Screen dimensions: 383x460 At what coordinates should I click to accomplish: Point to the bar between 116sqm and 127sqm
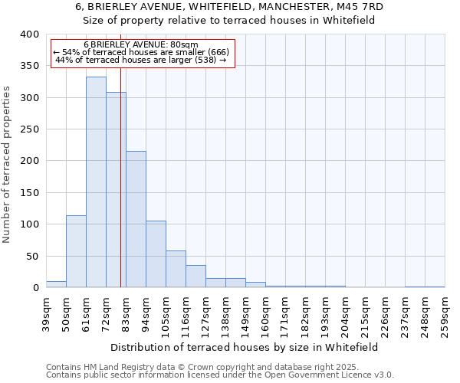click(195, 277)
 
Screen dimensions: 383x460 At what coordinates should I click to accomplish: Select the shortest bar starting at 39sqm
click(56, 284)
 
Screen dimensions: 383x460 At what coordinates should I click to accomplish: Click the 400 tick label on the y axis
click(29, 34)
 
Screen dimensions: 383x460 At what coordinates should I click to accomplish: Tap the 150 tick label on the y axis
click(29, 193)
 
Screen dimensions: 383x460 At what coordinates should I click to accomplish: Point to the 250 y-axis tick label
click(29, 129)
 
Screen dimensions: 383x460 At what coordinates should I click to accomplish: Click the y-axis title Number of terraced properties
click(8, 164)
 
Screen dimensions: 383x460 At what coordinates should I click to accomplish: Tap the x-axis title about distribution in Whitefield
click(245, 347)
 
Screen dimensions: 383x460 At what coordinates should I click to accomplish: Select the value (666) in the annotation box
click(213, 52)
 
